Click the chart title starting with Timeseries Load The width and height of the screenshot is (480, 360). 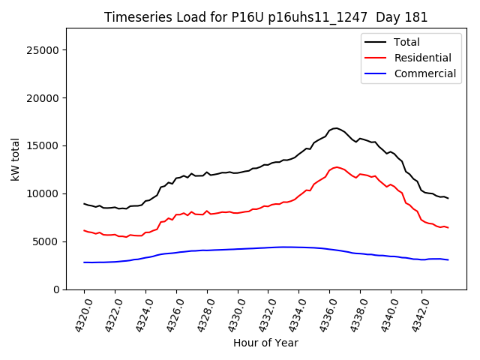pos(265,17)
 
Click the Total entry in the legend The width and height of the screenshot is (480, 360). pos(407,42)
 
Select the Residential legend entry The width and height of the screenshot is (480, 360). pos(422,58)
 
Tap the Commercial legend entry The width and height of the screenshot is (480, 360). pos(424,73)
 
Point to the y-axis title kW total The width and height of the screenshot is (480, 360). pos(15,159)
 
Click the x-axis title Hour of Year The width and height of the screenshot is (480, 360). pos(265,343)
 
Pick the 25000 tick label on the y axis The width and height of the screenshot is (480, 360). pos(43,50)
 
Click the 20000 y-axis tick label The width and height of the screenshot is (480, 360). pos(43,98)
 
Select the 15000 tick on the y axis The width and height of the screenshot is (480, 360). pos(43,145)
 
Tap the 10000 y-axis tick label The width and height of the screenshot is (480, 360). pos(43,193)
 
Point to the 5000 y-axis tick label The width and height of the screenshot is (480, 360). pos(46,241)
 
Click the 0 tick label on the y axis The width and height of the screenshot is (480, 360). pos(56,289)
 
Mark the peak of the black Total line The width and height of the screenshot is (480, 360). pos(336,128)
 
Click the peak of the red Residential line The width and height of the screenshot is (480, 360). pos(337,167)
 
